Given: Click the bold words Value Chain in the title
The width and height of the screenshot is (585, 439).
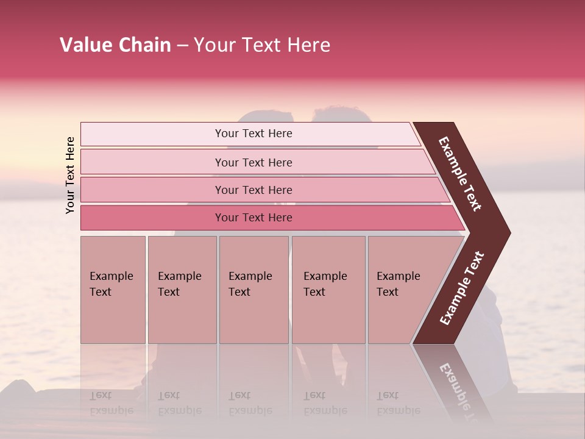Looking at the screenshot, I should coord(115,45).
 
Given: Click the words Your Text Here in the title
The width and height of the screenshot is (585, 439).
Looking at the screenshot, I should coord(262,45).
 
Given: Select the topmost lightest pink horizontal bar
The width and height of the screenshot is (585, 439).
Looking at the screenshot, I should coord(152,134).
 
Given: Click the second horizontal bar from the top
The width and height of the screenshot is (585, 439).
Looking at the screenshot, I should coord(152,162).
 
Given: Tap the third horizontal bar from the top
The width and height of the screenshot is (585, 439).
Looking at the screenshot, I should coord(152,190).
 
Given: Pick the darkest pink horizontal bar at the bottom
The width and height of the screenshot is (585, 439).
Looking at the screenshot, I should coord(152,218).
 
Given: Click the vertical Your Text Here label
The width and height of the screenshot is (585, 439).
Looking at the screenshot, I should coord(71,175).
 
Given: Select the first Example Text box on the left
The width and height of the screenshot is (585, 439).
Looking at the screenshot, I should coord(113,290).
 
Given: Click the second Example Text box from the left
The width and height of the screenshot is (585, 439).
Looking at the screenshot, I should coord(182,290).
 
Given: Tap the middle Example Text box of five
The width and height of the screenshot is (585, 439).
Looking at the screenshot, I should coord(253,290).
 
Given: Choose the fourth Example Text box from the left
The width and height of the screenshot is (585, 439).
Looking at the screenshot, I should coord(328,290).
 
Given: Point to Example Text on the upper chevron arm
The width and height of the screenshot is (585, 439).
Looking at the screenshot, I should coord(460,174).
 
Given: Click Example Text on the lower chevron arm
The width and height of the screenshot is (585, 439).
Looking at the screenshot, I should coord(461,288).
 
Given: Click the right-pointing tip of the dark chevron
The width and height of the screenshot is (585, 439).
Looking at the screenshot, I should coord(507,233).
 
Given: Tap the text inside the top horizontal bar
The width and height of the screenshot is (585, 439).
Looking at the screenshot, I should coord(253,134).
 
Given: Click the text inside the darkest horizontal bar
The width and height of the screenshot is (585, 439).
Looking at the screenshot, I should coord(253,218).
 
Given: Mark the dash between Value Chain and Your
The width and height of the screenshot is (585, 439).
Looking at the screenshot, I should coord(182,46).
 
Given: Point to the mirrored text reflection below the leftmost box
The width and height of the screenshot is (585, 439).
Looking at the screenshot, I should coord(111,403).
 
